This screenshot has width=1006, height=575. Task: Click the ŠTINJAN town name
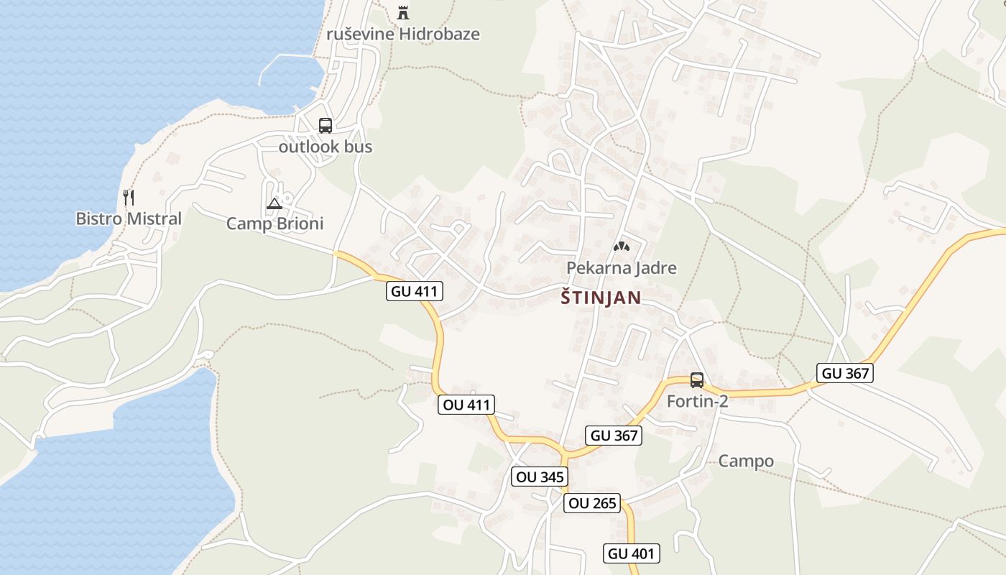601,298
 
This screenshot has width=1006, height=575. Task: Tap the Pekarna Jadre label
622,268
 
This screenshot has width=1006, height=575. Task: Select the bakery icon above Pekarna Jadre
621,247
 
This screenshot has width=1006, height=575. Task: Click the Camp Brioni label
274,224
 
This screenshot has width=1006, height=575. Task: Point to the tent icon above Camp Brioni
274,204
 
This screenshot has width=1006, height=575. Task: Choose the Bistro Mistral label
129,218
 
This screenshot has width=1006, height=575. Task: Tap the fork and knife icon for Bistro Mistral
129,198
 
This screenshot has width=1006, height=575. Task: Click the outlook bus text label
326,147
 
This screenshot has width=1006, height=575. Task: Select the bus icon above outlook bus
326,126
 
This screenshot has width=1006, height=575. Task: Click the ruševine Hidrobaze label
402,34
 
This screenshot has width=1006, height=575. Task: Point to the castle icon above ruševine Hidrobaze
402,12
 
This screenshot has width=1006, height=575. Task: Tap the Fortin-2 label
697,401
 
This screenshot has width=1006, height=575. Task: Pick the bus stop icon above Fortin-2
696,380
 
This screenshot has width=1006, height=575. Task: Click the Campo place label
746,461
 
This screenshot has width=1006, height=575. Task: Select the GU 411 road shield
415,291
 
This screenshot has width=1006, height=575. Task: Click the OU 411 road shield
467,405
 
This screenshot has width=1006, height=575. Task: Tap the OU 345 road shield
540,477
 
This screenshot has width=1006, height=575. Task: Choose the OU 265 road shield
593,503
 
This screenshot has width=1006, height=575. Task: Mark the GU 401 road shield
631,553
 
